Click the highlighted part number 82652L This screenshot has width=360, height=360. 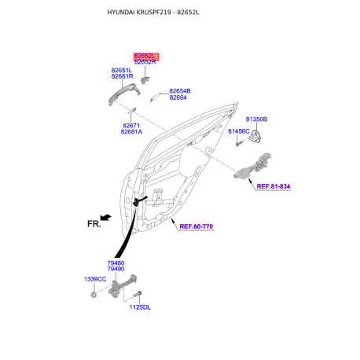point(145,56)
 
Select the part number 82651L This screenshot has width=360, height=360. point(122,70)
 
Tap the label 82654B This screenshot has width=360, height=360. point(180,91)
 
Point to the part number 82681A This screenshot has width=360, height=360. point(131,132)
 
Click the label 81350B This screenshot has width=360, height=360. point(256,119)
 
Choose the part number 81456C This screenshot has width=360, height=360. point(239,131)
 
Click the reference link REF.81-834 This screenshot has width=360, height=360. point(274,186)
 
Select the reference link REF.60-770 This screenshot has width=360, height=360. point(196,226)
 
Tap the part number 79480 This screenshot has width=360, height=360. point(116,263)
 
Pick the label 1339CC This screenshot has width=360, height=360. point(95,279)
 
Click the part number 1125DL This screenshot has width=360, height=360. point(140,307)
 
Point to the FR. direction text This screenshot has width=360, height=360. point(94,224)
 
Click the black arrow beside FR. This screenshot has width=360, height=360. point(106,217)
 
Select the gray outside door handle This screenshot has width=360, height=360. point(124,94)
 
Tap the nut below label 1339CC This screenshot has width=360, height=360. point(93,295)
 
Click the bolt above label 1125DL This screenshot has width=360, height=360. point(138,294)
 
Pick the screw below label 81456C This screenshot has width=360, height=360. point(238,144)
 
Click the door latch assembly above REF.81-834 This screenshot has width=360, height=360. point(253,166)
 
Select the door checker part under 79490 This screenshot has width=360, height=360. point(122,286)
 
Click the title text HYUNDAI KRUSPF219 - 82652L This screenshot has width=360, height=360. point(153,13)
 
